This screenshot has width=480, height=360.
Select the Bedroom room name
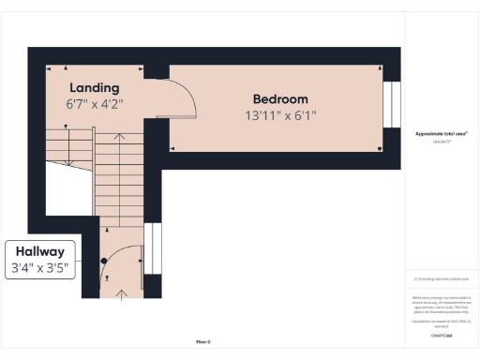click(280, 99)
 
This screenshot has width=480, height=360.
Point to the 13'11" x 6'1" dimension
click(280, 116)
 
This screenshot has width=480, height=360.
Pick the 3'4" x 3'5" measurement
click(39, 268)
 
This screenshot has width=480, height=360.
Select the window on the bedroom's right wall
click(393, 108)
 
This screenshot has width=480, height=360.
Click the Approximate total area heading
click(441, 134)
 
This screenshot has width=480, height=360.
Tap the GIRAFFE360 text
click(442, 335)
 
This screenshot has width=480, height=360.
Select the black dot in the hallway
click(105, 261)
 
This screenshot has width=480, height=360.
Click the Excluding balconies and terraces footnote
click(442, 278)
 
